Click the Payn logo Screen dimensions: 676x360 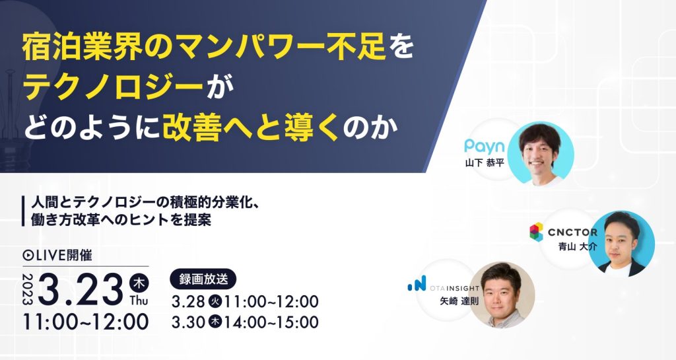484,147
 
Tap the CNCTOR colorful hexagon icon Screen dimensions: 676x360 536,231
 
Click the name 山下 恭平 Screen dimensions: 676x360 484,163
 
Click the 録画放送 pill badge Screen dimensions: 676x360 203,279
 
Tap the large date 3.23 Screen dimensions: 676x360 81,289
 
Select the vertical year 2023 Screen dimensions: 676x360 28,289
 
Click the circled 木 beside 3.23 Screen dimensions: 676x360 139,283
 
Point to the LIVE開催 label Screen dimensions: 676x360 57,256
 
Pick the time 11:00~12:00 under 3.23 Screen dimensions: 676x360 86,322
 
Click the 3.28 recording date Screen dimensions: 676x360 188,302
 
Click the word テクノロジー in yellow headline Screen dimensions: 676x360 114,88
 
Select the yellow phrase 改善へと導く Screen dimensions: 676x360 251,128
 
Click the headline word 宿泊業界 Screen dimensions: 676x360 83,48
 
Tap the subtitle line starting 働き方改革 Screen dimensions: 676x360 121,220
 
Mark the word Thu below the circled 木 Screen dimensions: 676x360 139,300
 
